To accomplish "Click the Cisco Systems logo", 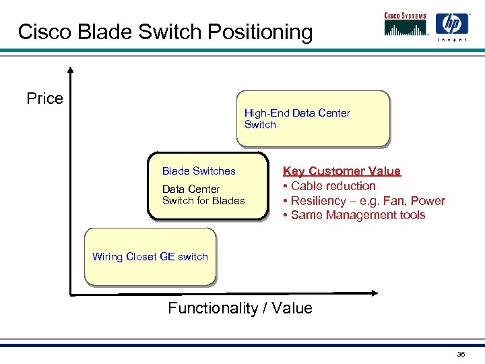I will (406, 26).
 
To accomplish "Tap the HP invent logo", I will (452, 28).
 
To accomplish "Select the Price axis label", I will (44, 98).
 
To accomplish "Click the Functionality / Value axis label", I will (240, 308).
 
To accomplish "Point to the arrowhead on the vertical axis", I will (69, 69).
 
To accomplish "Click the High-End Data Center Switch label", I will (297, 119).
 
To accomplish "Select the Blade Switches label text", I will (199, 171).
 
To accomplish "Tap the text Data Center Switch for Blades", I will (203, 195).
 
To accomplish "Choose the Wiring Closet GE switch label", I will (150, 256).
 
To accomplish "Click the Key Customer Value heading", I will (342, 171).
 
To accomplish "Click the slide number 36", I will (461, 354).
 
